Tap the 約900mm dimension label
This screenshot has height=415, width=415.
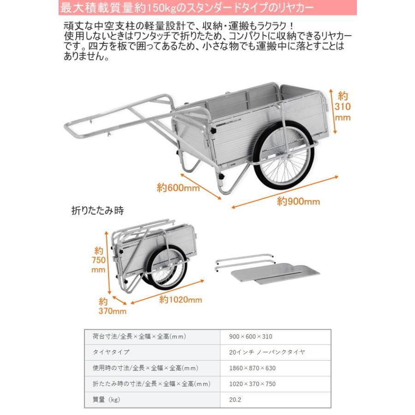point(298,202)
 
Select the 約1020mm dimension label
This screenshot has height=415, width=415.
point(181,299)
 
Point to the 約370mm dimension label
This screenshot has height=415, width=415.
point(112,306)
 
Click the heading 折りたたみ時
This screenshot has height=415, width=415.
point(98,211)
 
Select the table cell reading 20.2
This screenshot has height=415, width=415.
point(235,400)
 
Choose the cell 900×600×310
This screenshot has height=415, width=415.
point(250,337)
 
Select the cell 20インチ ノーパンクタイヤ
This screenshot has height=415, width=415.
point(267,352)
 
